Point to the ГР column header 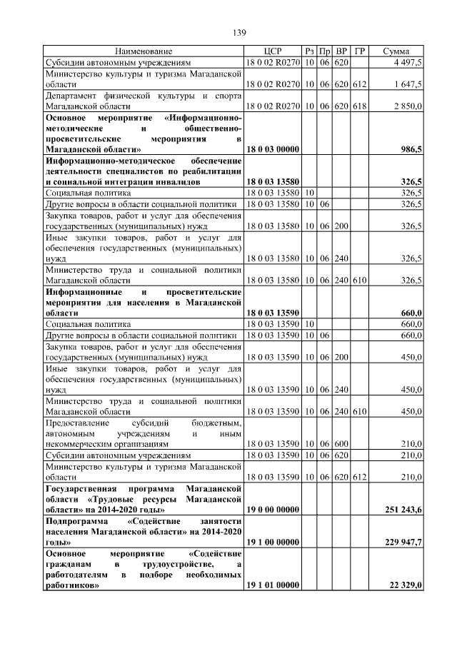click(360, 51)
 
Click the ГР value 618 click(360, 106)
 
